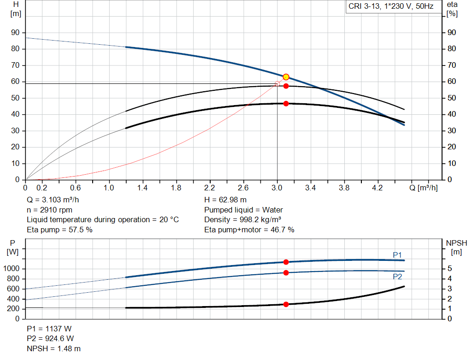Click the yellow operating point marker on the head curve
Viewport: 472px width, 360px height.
coord(286,77)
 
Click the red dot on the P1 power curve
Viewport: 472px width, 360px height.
coord(286,262)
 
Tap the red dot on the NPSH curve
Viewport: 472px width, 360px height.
coord(286,304)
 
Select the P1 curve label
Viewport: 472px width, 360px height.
coord(397,255)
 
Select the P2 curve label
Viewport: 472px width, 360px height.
coord(397,277)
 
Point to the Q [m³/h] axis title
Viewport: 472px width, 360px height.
coord(426,188)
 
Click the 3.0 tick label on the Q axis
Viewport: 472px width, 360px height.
coord(277,188)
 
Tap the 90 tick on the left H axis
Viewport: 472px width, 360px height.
coord(16,33)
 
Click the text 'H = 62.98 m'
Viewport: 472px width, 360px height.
coord(225,200)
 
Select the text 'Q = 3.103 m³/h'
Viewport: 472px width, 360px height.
coord(52,200)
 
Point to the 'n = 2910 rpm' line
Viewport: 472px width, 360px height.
coord(50,210)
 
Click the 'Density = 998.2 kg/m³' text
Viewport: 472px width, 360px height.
coord(243,219)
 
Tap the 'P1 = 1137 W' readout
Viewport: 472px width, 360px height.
coord(49,329)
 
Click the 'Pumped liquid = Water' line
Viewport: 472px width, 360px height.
coord(243,210)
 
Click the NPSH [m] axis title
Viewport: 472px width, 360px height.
coord(456,247)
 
